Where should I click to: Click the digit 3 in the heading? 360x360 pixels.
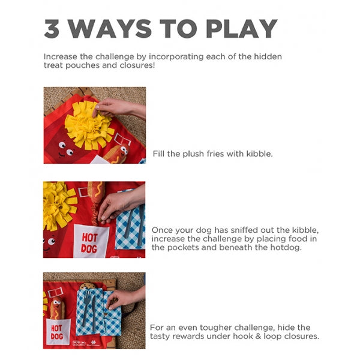pyautogui.click(x=52, y=28)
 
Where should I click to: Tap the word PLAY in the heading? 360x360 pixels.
pyautogui.click(x=242, y=28)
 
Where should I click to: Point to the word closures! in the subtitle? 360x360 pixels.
pyautogui.click(x=137, y=65)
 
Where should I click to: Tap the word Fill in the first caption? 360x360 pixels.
pyautogui.click(x=158, y=154)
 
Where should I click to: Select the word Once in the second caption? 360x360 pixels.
pyautogui.click(x=161, y=230)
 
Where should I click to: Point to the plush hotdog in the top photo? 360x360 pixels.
pyautogui.click(x=116, y=154)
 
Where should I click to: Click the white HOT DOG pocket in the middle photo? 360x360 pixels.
pyautogui.click(x=91, y=241)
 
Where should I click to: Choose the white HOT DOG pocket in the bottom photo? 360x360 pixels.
pyautogui.click(x=58, y=331)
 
